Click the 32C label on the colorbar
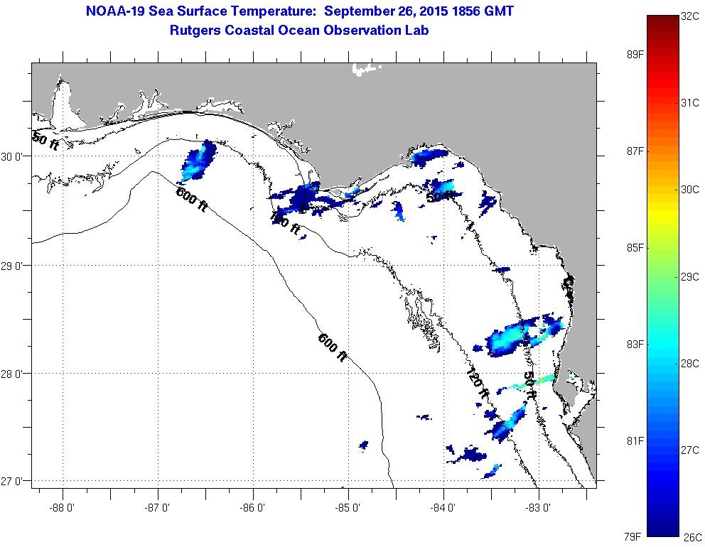pyautogui.click(x=690, y=16)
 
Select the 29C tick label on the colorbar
pyautogui.click(x=690, y=276)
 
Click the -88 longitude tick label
pyautogui.click(x=63, y=508)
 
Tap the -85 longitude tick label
pyautogui.click(x=348, y=508)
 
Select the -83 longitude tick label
pyautogui.click(x=539, y=508)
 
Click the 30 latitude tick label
pyautogui.click(x=14, y=156)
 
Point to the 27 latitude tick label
pyautogui.click(x=14, y=482)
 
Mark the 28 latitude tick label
pyautogui.click(x=14, y=374)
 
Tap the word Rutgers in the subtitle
pyautogui.click(x=196, y=31)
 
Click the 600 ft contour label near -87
pyautogui.click(x=192, y=199)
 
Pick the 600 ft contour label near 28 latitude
pyautogui.click(x=332, y=347)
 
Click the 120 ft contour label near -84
pyautogui.click(x=478, y=384)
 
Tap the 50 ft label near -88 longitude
pyautogui.click(x=45, y=141)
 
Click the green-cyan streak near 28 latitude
pyautogui.click(x=529, y=383)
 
